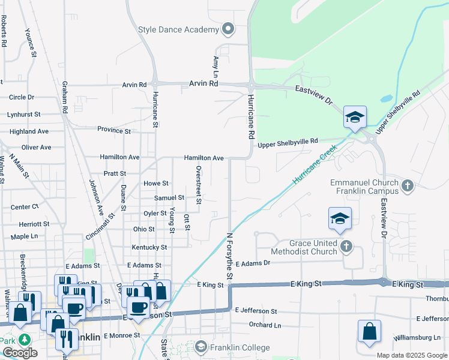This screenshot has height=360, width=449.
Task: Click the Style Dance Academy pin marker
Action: coord(228,29)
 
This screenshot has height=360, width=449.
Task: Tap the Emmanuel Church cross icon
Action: coord(408,186)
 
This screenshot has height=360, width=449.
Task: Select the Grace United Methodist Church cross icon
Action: coord(346,246)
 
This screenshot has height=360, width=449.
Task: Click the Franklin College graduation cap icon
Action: coord(200,347)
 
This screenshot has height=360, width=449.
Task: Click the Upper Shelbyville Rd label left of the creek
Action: coord(288,143)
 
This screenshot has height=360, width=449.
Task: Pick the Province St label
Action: coord(114,130)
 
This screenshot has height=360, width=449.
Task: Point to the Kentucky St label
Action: coord(149,247)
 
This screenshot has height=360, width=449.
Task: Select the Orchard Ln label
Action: coord(265,325)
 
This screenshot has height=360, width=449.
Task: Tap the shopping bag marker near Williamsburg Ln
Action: coord(369,332)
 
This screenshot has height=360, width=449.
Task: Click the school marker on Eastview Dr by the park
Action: coord(355,117)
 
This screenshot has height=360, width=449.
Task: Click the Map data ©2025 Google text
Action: coord(411,355)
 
